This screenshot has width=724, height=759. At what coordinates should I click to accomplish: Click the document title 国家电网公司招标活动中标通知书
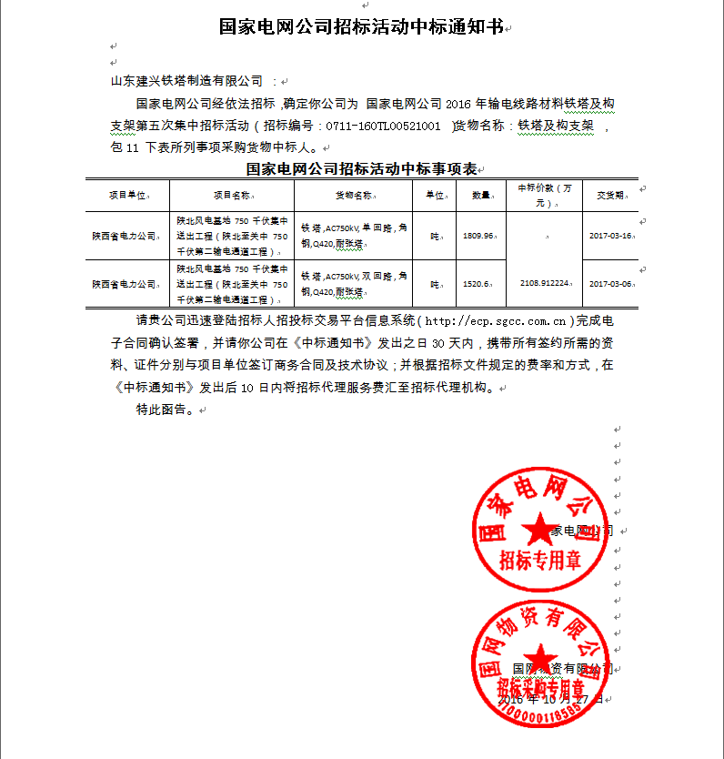click(x=361, y=26)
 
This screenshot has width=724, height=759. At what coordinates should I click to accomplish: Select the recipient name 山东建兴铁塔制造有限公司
click(x=186, y=81)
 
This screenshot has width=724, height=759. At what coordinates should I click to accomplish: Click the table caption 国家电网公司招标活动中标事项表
click(x=361, y=169)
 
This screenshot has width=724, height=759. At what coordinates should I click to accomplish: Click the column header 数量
click(x=481, y=195)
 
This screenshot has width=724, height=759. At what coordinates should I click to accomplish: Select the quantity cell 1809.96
click(x=478, y=236)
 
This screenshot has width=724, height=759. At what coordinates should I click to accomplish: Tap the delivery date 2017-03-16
click(x=609, y=236)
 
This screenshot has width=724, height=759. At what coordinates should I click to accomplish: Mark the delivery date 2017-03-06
click(x=609, y=284)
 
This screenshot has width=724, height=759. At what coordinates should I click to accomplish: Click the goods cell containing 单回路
click(x=356, y=236)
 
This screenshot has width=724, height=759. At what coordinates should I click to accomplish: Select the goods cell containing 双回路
click(x=356, y=283)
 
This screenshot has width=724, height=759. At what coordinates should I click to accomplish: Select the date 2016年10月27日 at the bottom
click(x=551, y=699)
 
